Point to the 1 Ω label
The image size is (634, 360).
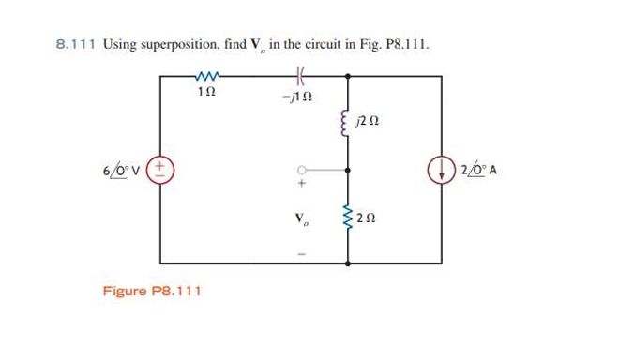[x=207, y=91]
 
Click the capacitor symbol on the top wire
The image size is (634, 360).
[x=301, y=75]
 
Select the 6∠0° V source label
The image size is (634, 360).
[x=122, y=172]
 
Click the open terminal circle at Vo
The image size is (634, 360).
[x=302, y=172]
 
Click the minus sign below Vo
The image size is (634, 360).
[x=302, y=253]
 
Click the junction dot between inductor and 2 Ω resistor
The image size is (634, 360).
[x=348, y=172]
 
